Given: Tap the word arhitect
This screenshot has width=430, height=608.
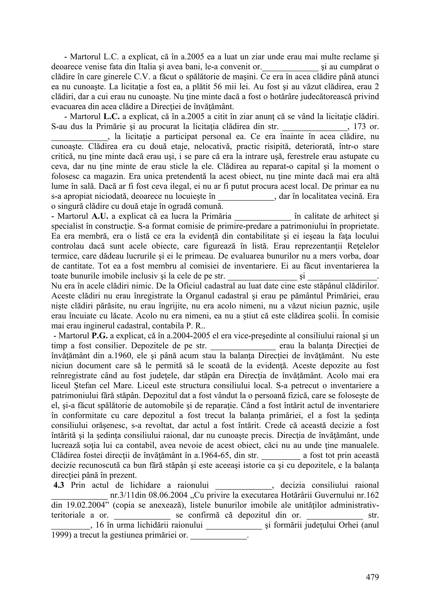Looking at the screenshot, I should [x=351, y=216].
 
